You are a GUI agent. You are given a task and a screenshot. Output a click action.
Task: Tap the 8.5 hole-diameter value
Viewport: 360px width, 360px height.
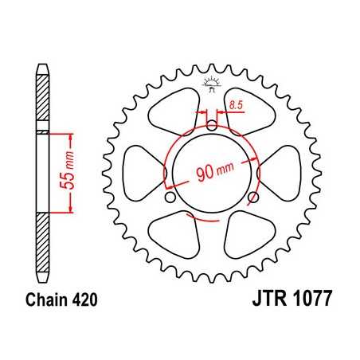[x=235, y=104]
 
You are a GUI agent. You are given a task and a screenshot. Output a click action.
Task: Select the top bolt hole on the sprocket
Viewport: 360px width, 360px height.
[x=211, y=124]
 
